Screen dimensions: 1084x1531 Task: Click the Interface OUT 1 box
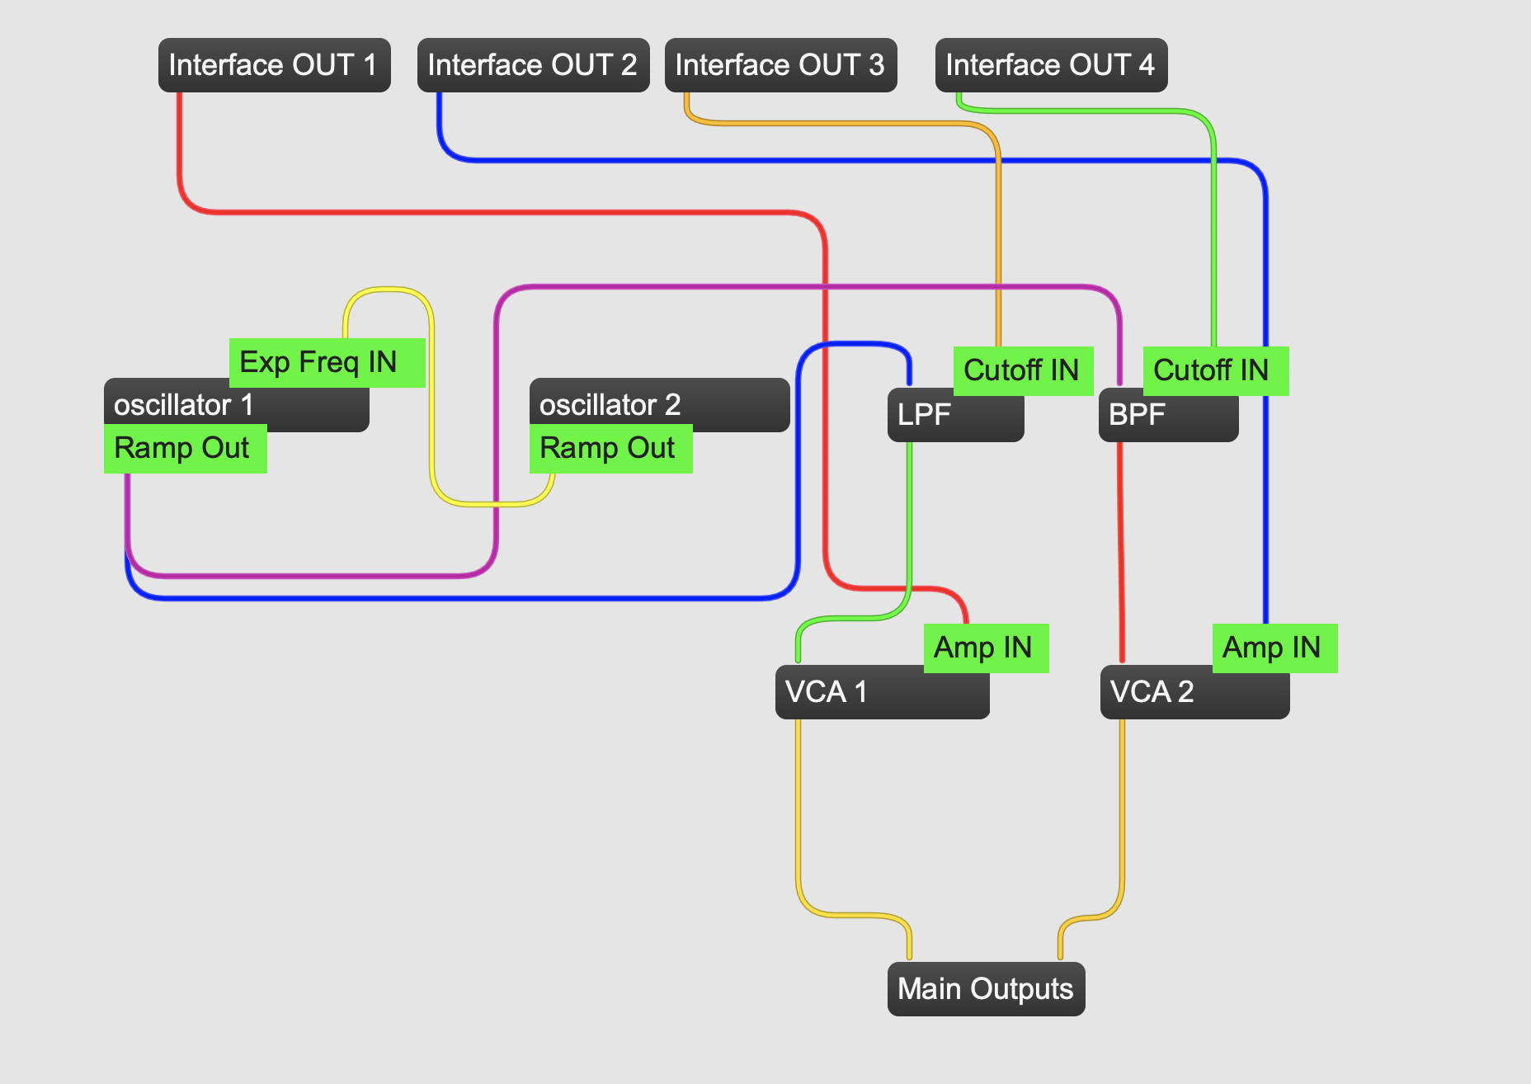pos(274,65)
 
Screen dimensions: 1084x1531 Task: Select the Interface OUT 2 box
pos(533,65)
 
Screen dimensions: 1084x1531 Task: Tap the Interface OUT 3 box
pos(780,65)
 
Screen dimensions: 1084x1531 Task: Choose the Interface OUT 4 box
pos(1051,65)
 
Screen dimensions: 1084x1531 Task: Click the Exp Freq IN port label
pos(327,362)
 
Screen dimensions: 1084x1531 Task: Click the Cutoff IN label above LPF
pos(1023,370)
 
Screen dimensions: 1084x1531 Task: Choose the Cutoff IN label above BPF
pos(1215,370)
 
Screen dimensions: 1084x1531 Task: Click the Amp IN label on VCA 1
pos(986,648)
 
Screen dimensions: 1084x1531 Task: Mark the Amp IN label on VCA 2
pos(1274,648)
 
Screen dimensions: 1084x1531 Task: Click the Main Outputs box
pos(986,988)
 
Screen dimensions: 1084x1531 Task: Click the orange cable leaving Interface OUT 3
pos(841,124)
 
